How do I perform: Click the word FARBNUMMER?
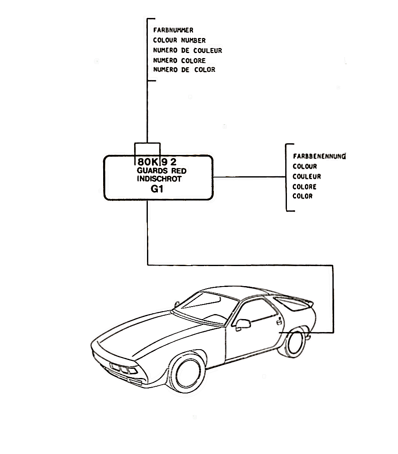(173, 30)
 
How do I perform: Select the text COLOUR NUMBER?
(179, 41)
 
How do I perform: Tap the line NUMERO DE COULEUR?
(188, 51)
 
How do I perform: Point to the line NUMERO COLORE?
(179, 61)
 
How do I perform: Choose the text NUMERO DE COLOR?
(184, 70)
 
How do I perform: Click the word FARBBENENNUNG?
(320, 157)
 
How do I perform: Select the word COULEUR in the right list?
(307, 177)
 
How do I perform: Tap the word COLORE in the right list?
(304, 187)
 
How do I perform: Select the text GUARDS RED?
(162, 171)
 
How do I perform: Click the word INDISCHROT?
(160, 179)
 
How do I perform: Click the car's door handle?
(278, 321)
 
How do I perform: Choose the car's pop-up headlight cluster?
(121, 369)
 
